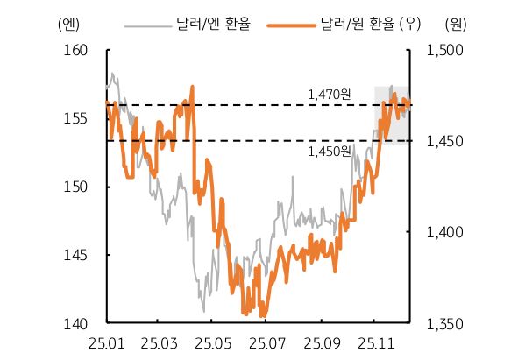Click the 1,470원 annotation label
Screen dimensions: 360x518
330,93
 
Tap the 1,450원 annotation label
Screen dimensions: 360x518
330,152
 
